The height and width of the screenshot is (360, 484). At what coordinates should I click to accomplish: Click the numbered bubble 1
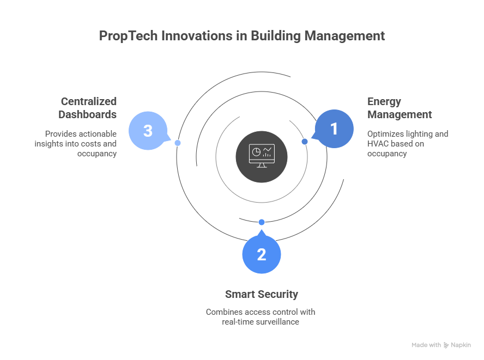pyautogui.click(x=334, y=129)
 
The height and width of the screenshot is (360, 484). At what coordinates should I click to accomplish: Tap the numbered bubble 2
pyautogui.click(x=262, y=254)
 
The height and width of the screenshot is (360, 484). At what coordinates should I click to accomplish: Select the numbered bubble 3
pyautogui.click(x=148, y=131)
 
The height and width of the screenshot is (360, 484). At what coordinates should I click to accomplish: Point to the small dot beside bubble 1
pyautogui.click(x=305, y=142)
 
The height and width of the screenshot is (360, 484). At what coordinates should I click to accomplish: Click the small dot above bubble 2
pyautogui.click(x=262, y=222)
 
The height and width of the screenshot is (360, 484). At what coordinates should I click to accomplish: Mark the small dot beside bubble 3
pyautogui.click(x=178, y=143)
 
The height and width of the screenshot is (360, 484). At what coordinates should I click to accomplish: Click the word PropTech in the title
pyautogui.click(x=125, y=36)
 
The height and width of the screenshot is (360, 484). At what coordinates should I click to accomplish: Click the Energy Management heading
pyautogui.click(x=399, y=108)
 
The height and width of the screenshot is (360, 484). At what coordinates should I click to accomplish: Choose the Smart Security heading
pyautogui.click(x=262, y=294)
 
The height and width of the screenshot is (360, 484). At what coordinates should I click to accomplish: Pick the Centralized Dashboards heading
pyautogui.click(x=88, y=108)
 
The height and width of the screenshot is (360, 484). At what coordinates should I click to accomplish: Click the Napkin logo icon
pyautogui.click(x=446, y=345)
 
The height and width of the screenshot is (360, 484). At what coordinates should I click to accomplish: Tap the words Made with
pyautogui.click(x=426, y=345)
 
